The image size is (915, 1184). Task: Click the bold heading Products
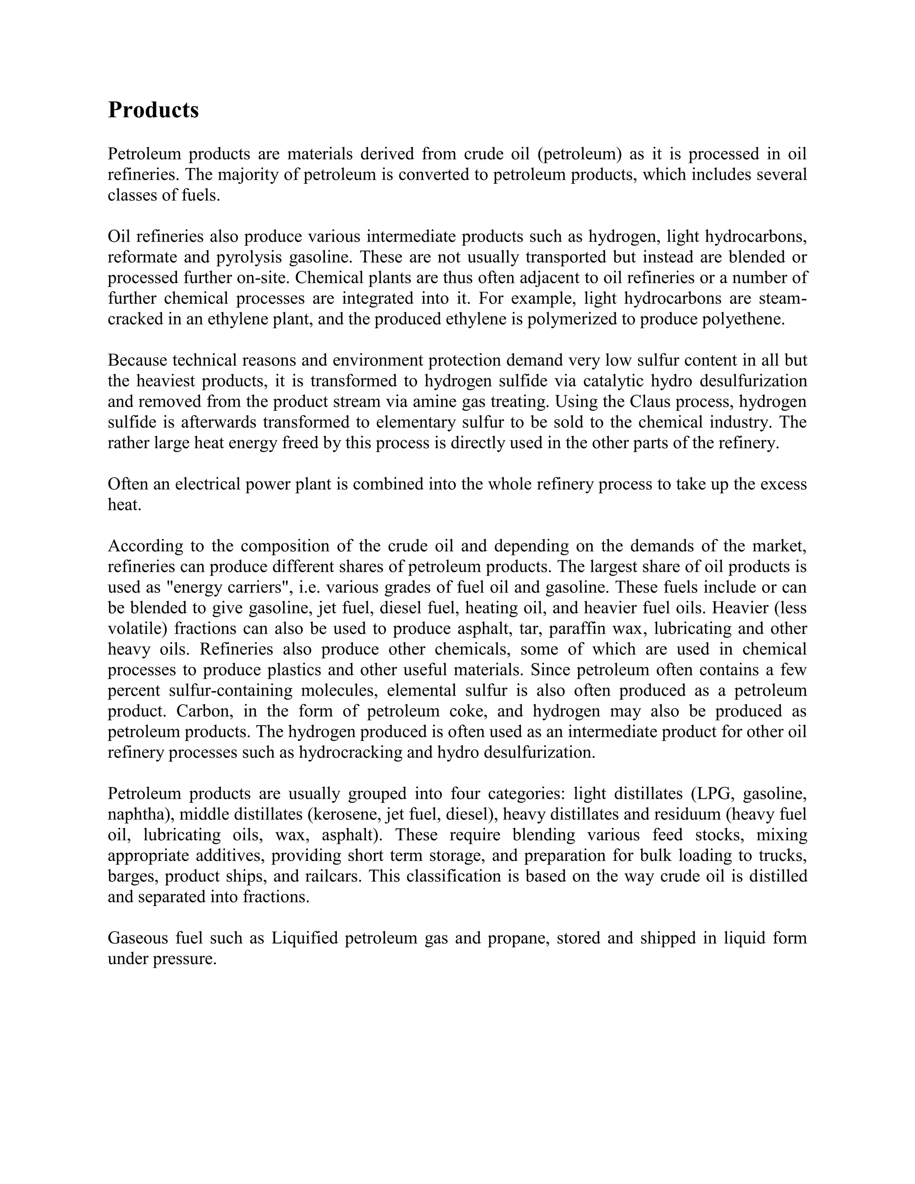(153, 110)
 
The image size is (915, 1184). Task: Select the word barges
(130, 877)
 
